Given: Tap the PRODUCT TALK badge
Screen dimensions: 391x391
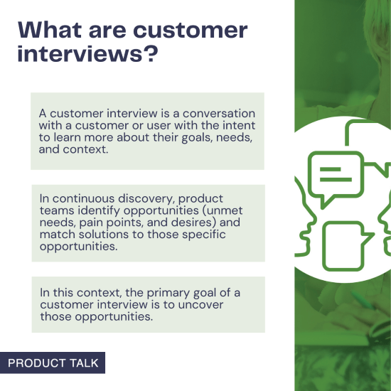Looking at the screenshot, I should pyautogui.click(x=53, y=363).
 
